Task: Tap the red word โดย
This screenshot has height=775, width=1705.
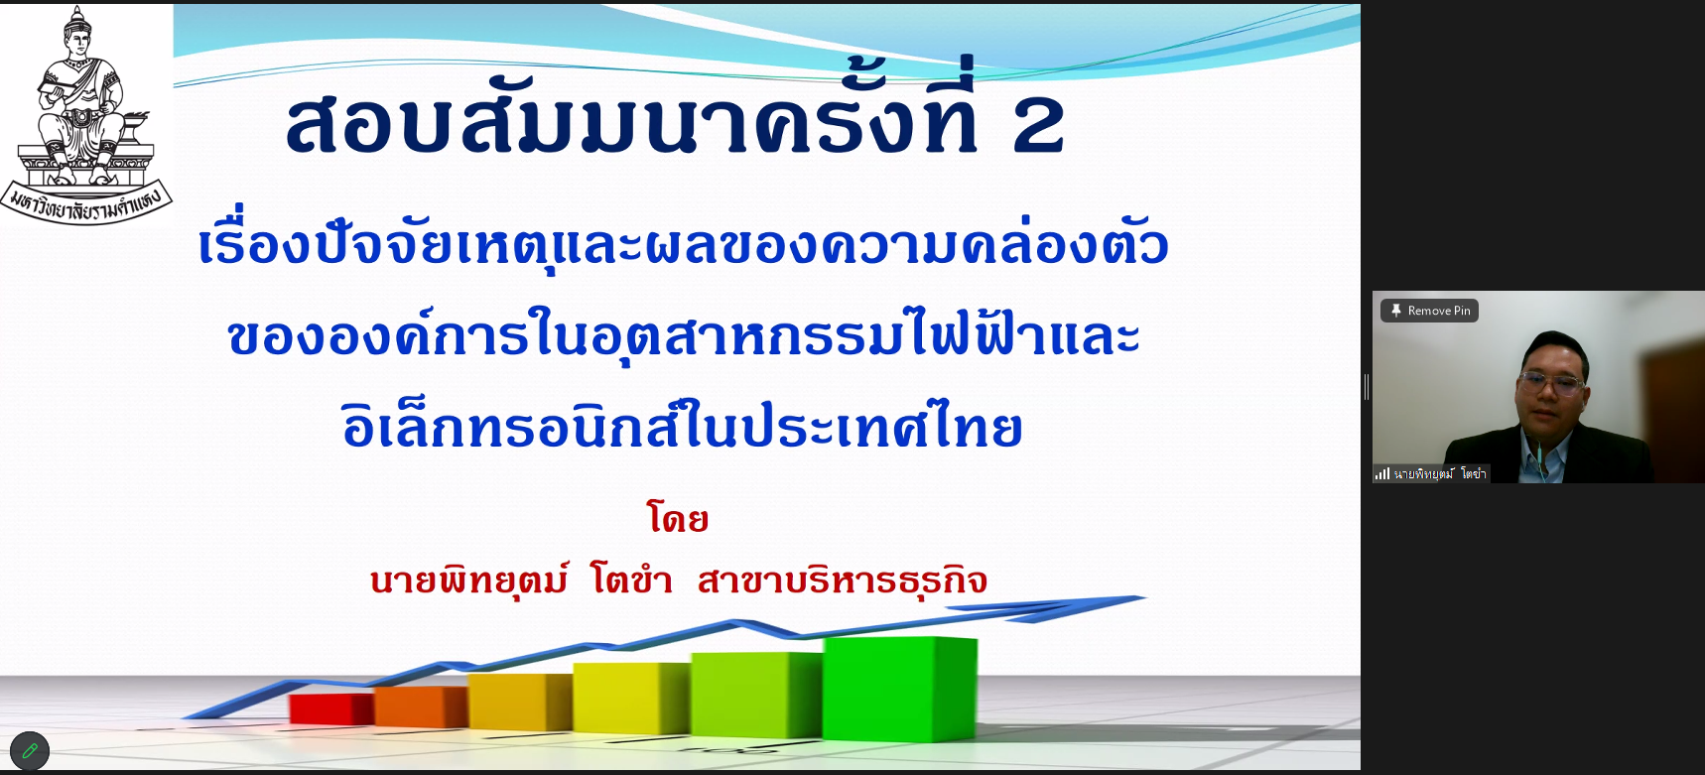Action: click(x=678, y=518)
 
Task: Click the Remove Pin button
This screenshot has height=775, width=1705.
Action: click(x=1429, y=311)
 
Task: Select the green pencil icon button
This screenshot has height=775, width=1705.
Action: click(x=30, y=751)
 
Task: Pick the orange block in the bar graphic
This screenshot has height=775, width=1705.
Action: click(x=420, y=707)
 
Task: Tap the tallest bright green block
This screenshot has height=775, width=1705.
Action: click(x=899, y=689)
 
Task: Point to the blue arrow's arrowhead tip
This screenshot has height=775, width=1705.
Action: click(x=1145, y=597)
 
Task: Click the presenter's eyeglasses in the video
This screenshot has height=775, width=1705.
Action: click(x=1551, y=382)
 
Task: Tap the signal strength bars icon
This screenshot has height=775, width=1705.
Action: click(x=1382, y=474)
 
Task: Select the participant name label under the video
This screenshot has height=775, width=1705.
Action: click(x=1439, y=474)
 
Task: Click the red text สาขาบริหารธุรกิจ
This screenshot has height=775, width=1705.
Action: click(x=843, y=581)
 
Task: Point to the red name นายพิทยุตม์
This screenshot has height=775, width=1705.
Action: click(x=469, y=581)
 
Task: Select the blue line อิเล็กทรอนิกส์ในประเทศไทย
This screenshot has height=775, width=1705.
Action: click(x=682, y=425)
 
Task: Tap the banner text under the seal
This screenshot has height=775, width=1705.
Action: click(x=86, y=203)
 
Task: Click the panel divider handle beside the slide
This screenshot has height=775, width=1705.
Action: click(x=1367, y=387)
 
